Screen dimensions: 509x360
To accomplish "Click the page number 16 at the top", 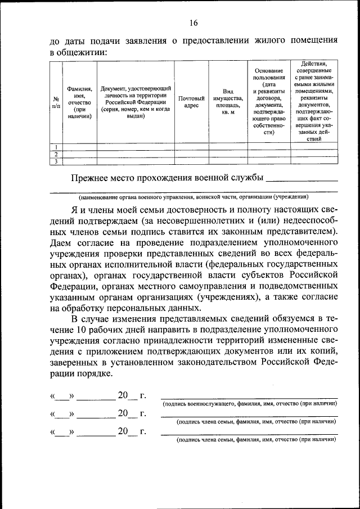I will pos(193,23).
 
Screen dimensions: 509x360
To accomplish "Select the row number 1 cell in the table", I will pos(56,147).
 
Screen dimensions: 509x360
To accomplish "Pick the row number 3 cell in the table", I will pos(56,161).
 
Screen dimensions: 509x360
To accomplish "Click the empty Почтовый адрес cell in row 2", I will pos(191,154).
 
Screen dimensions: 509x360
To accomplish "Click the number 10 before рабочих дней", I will pos(83,330).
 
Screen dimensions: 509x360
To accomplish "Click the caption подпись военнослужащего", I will pos(250,404).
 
